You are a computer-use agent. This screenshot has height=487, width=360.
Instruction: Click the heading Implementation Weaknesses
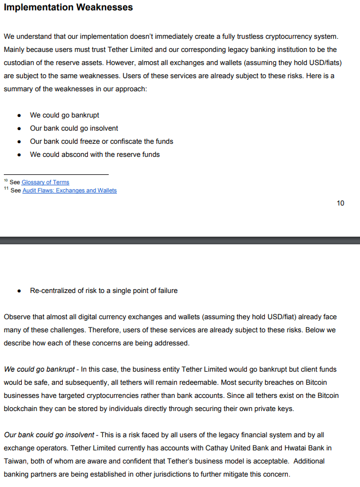pyautogui.click(x=68, y=8)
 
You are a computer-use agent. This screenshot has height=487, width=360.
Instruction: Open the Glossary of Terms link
pyautogui.click(x=45, y=182)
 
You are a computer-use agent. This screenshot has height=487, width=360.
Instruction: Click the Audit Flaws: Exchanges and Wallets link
pyautogui.click(x=69, y=190)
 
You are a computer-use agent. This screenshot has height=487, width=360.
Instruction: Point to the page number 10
pyautogui.click(x=340, y=203)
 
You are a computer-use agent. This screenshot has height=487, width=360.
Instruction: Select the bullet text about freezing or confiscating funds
pyautogui.click(x=102, y=142)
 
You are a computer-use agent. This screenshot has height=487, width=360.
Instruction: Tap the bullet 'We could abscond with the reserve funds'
pyautogui.click(x=95, y=155)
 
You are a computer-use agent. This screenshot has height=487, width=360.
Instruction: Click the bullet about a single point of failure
pyautogui.click(x=104, y=291)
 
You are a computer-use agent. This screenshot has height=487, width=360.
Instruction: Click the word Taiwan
pyautogui.click(x=16, y=461)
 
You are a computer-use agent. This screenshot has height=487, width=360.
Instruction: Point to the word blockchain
pyautogui.click(x=21, y=409)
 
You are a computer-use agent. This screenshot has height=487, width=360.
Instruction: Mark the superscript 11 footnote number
pyautogui.click(x=6, y=189)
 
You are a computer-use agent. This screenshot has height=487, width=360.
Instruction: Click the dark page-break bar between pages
pyautogui.click(x=180, y=240)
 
